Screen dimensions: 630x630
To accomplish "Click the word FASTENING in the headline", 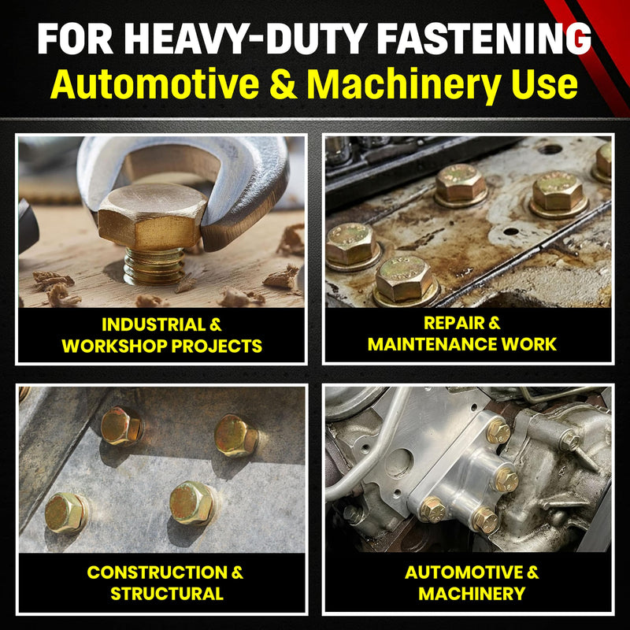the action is click(x=484, y=38).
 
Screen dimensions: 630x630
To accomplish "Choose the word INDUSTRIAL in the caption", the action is click(x=154, y=324).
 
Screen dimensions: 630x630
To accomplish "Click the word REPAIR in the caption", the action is click(x=450, y=323).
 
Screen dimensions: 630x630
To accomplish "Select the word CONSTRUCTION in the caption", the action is click(x=157, y=573).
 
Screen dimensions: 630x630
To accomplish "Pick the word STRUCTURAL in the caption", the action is click(x=167, y=594).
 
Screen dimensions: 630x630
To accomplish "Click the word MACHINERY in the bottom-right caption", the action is click(x=472, y=594).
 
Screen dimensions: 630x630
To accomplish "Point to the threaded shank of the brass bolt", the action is click(x=154, y=266).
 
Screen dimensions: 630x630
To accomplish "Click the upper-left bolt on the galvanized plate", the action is click(x=121, y=427).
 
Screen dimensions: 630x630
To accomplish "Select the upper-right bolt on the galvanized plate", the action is click(x=235, y=436).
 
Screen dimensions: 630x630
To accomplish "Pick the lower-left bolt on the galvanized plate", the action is click(x=65, y=513).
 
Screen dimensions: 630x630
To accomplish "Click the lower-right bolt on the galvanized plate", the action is click(x=192, y=503).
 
